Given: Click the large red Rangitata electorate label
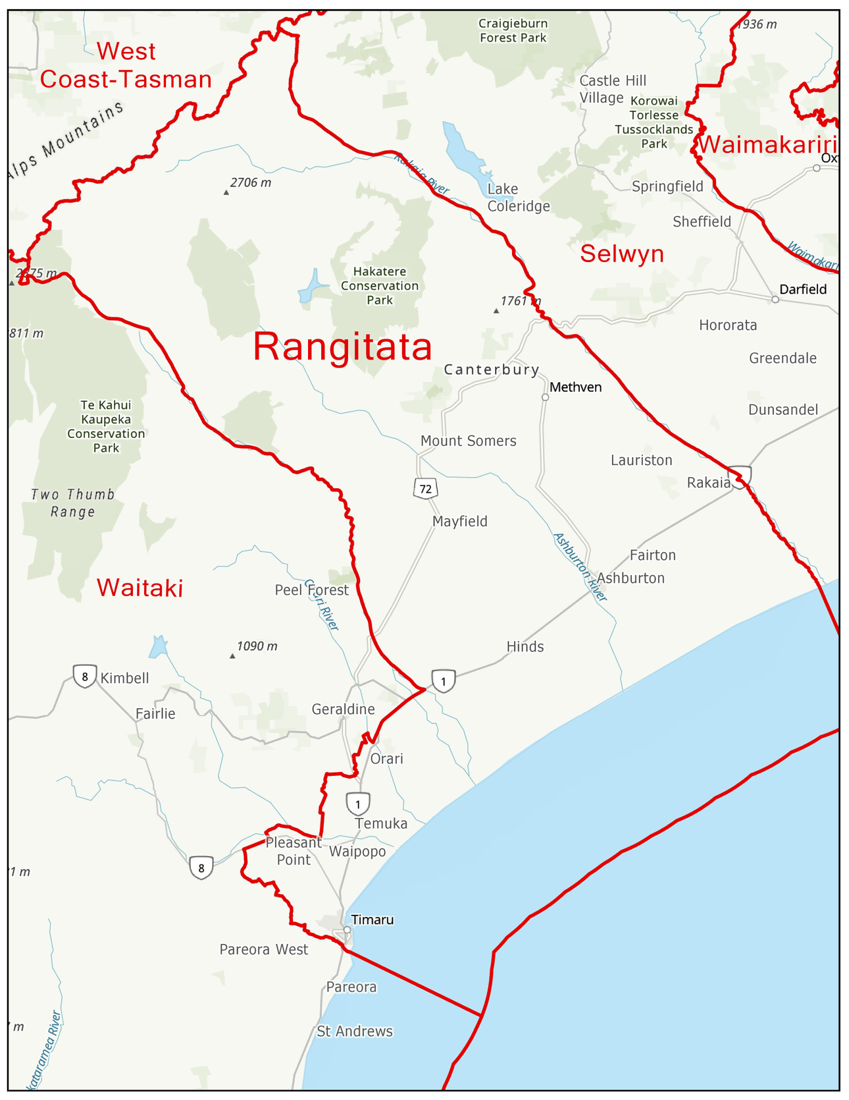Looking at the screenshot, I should [x=342, y=346].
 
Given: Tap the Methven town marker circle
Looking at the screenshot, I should [x=545, y=397].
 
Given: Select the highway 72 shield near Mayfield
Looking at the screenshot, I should [x=426, y=489].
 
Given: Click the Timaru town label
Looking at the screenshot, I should [x=372, y=920].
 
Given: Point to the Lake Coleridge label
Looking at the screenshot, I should [x=518, y=198].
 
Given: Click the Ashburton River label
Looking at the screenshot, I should [x=580, y=566].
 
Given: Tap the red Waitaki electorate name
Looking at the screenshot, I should [x=140, y=588].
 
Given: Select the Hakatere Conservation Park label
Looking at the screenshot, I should [x=380, y=286].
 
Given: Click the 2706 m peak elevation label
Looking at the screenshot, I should [x=250, y=183].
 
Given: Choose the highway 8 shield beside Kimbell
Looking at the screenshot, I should [x=85, y=676].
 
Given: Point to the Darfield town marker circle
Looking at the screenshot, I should [x=775, y=299].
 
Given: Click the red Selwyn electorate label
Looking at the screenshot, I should [x=622, y=254].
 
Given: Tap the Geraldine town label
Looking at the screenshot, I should [x=343, y=709].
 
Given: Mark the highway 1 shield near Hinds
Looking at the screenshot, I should [x=444, y=680].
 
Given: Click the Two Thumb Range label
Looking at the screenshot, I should [x=73, y=503].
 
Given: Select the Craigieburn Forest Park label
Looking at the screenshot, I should [x=513, y=31].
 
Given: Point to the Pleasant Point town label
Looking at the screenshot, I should [x=294, y=851].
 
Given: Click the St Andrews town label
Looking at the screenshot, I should [x=355, y=1031].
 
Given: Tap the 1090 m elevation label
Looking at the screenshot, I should [x=257, y=646].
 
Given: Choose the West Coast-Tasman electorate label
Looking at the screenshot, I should [x=126, y=65].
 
